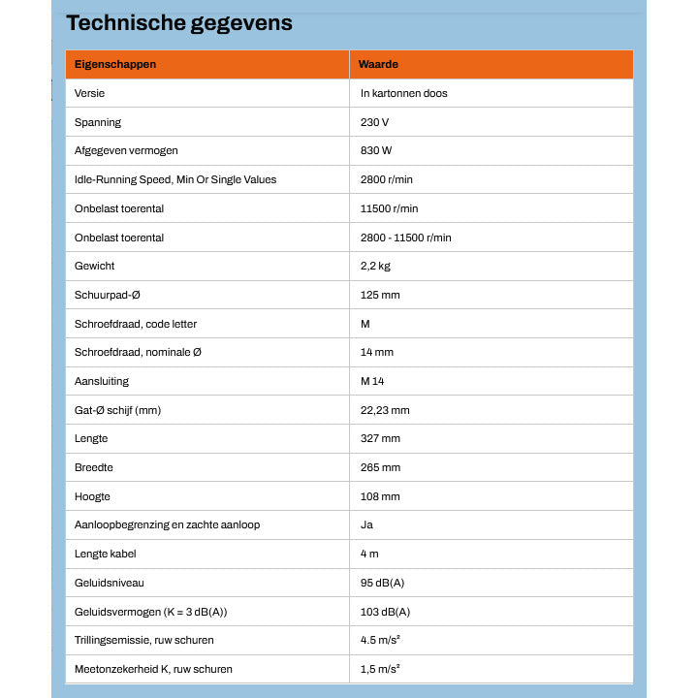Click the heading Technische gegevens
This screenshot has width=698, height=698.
pyautogui.click(x=178, y=23)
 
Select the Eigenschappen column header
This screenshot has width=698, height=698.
pyautogui.click(x=115, y=64)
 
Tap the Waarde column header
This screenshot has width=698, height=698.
pyautogui.click(x=379, y=64)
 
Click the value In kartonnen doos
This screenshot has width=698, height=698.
pyautogui.click(x=403, y=93)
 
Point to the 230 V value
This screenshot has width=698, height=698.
pyautogui.click(x=374, y=122)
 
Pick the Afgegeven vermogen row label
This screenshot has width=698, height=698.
pyautogui.click(x=126, y=151)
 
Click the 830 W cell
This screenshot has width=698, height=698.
pyautogui.click(x=376, y=151)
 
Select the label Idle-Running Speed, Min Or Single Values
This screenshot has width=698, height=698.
pyautogui.click(x=175, y=179)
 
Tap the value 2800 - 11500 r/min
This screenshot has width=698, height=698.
pyautogui.click(x=405, y=238)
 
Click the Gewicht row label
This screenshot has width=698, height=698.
pyautogui.click(x=95, y=266)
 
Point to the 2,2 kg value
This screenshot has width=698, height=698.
pyautogui.click(x=376, y=266)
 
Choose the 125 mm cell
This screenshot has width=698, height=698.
pyautogui.click(x=379, y=295)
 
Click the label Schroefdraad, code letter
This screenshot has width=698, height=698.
pyautogui.click(x=136, y=324)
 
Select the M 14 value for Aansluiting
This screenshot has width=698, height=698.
pyautogui.click(x=372, y=381)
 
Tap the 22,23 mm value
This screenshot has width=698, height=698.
pyautogui.click(x=385, y=410)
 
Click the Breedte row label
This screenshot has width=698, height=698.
pyautogui.click(x=94, y=467)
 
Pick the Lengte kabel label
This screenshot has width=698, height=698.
pyautogui.click(x=108, y=554)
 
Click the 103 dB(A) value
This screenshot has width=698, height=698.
pyautogui.click(x=385, y=612)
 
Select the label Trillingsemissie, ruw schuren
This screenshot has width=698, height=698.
pyautogui.click(x=144, y=640)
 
